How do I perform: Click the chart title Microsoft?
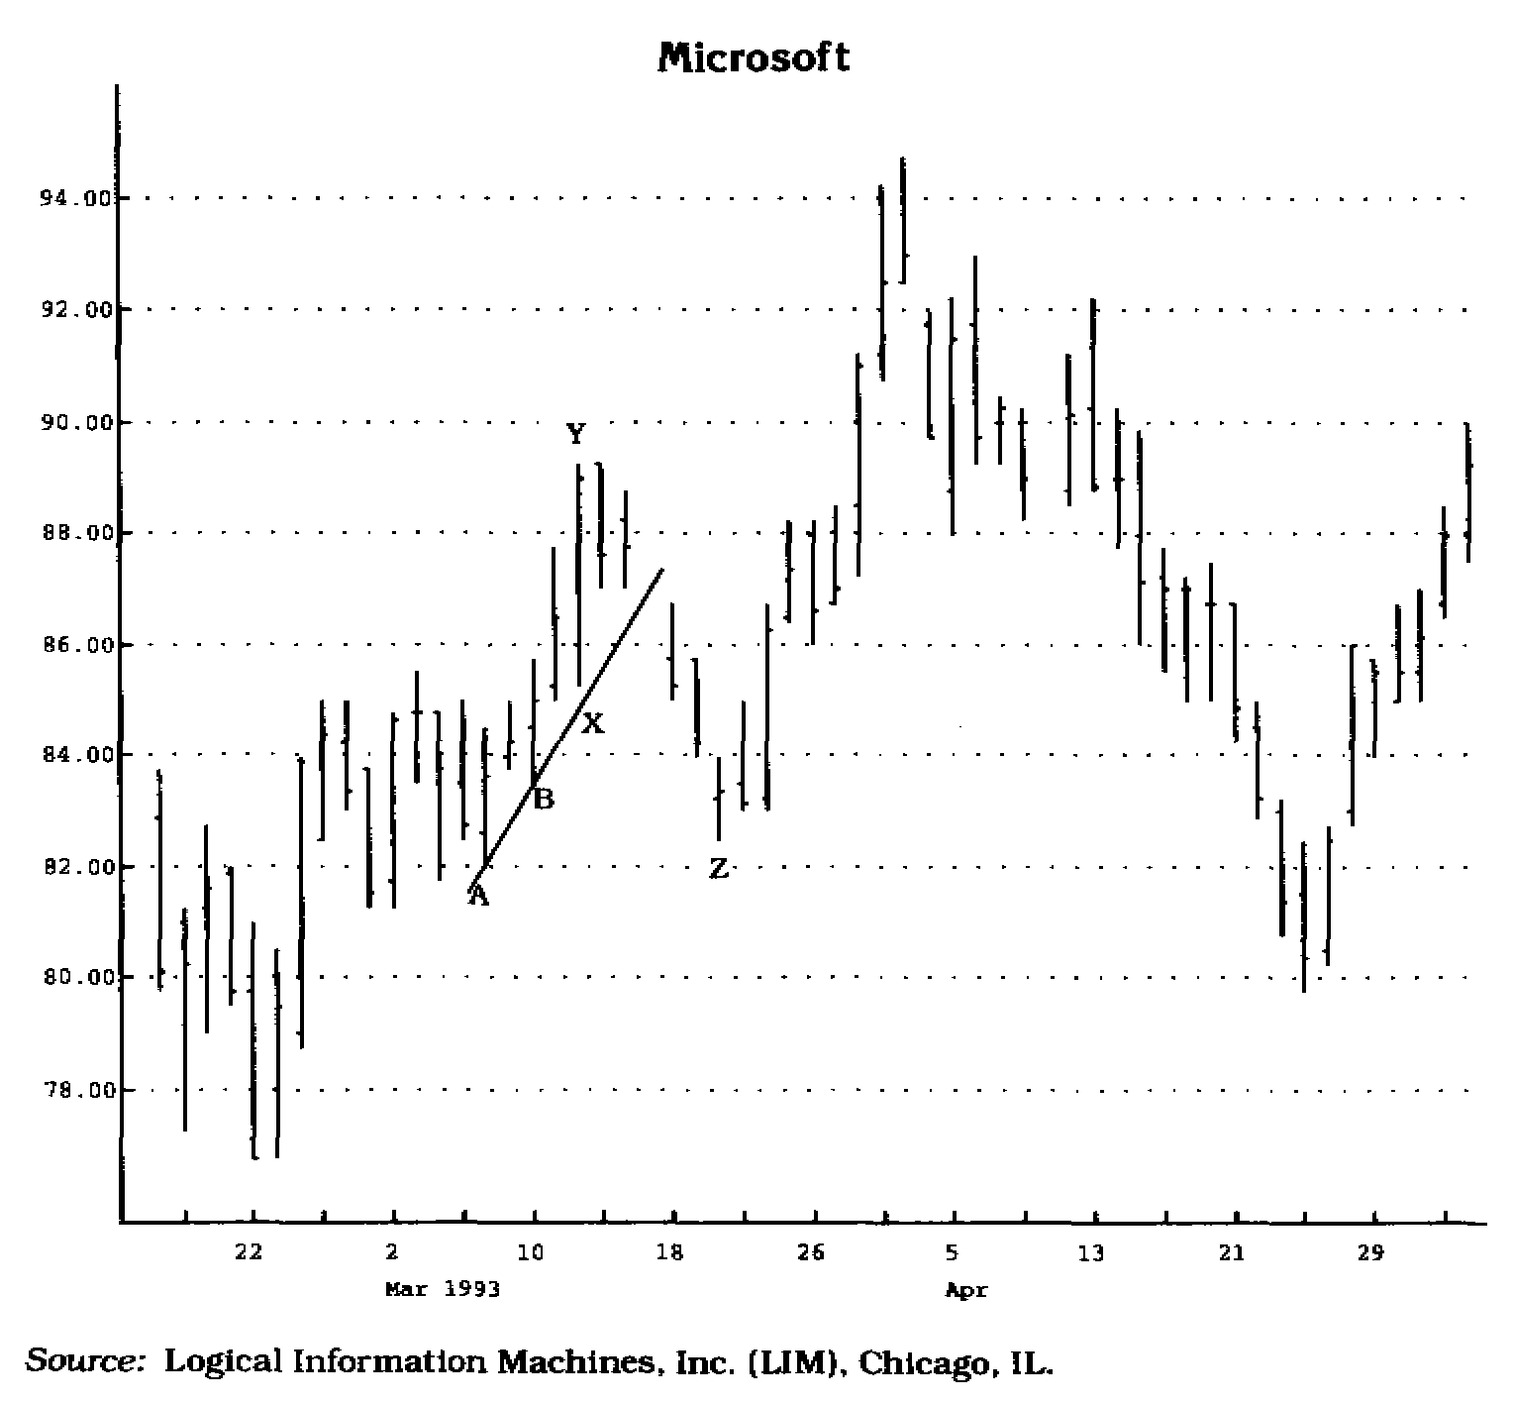pos(754,57)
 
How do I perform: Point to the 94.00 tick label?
pos(67,198)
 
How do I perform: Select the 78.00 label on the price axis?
pos(67,1090)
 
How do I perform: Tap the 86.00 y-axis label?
pos(67,644)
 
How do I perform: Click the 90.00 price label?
pos(67,422)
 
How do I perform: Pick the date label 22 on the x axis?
pos(249,1252)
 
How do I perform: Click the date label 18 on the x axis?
pos(670,1252)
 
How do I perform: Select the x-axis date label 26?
pos(811,1252)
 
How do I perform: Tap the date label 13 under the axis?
pos(1090,1252)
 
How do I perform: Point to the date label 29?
pos(1370,1252)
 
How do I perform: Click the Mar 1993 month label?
pos(443,1289)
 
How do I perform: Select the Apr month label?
pos(966,1290)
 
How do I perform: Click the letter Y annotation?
pos(576,434)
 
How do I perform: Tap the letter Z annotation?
pos(719,869)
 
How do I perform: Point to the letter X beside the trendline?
pos(592,723)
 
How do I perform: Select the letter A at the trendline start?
pos(478,897)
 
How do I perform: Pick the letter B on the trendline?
pos(544,799)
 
